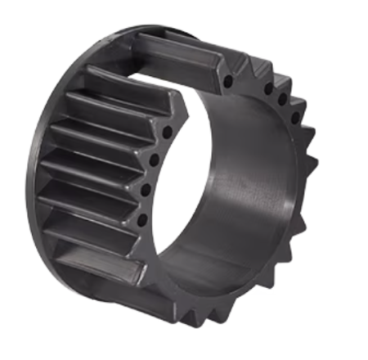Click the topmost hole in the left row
coord(168,132)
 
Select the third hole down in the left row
coord(147,191)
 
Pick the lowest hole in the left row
coord(142,219)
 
